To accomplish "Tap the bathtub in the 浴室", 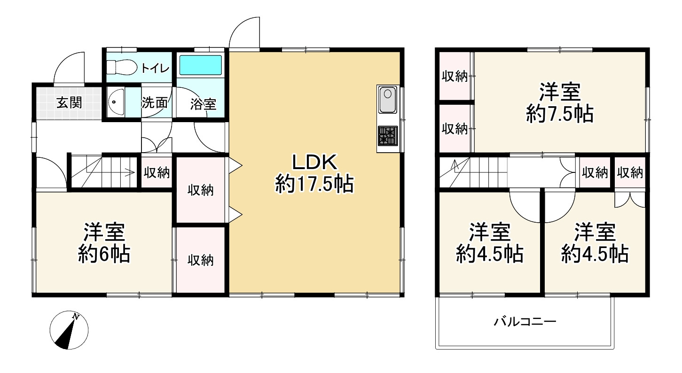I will (201, 65).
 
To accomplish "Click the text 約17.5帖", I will (314, 185).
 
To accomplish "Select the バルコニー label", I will (525, 322).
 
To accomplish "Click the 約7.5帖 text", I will (559, 114).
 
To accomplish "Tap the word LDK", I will (314, 163).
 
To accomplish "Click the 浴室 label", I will (203, 104).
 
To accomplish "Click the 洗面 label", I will (155, 103).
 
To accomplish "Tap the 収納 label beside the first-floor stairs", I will (157, 173).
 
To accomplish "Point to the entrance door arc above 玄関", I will (69, 69).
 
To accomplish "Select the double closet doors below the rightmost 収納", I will (630, 199).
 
